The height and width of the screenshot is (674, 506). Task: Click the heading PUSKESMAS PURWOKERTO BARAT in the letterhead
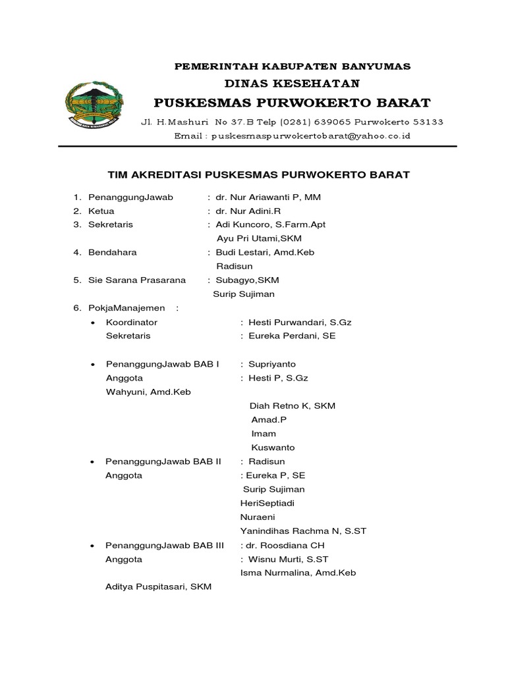tap(292, 103)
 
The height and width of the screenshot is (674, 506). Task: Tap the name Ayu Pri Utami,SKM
tap(255, 238)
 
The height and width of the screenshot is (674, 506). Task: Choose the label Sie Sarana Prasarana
tap(137, 280)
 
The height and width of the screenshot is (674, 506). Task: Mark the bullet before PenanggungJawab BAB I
tap(93, 364)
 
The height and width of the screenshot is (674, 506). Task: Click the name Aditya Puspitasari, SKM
tap(158, 586)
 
